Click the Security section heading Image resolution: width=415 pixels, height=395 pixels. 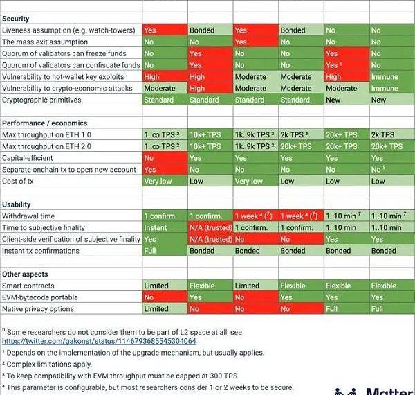(x=16, y=19)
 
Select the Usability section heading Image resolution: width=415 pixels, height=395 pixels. (x=17, y=204)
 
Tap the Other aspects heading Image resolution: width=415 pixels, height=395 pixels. (x=26, y=274)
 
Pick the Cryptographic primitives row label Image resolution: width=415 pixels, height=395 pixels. (x=41, y=100)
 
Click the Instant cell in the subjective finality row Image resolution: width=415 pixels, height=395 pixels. (x=155, y=227)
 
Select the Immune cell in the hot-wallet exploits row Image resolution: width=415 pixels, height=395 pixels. (x=385, y=77)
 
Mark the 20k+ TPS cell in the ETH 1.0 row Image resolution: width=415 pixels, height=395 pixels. (x=342, y=134)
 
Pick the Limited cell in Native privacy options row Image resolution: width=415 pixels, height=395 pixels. (x=156, y=309)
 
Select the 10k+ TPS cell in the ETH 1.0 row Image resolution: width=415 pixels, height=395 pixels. (x=205, y=134)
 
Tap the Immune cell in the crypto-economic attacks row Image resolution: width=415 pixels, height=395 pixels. (x=385, y=89)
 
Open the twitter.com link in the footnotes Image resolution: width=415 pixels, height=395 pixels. (x=99, y=341)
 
